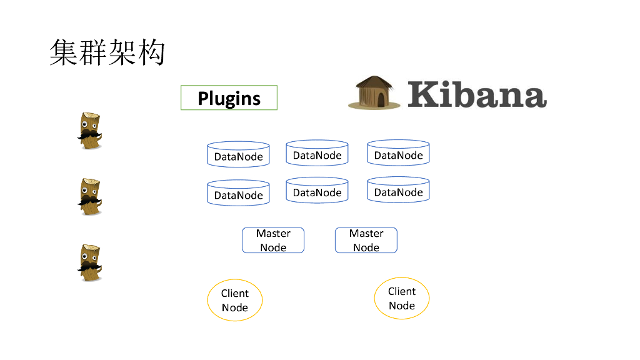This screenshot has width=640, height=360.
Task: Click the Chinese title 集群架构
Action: click(107, 52)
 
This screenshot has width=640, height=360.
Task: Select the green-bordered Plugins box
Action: click(229, 98)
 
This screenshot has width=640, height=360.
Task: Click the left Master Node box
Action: click(273, 240)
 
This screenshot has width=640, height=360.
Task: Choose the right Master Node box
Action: click(366, 240)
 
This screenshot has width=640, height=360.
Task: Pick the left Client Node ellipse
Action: click(235, 300)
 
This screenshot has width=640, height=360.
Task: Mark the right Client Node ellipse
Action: click(402, 298)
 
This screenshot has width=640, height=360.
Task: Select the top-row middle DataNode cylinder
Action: click(317, 154)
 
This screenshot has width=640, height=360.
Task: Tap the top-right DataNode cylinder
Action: click(398, 154)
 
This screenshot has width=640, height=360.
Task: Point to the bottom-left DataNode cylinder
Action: click(238, 194)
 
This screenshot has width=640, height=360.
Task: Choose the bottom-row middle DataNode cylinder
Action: click(317, 191)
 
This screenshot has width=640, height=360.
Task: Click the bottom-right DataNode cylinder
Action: click(398, 191)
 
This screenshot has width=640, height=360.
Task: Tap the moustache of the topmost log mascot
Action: click(89, 135)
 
